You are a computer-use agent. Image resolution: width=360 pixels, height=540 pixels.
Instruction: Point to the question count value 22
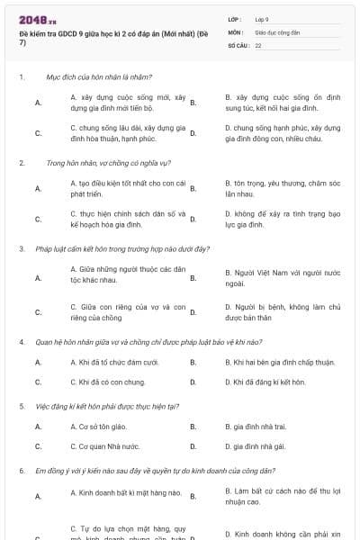pos(258,44)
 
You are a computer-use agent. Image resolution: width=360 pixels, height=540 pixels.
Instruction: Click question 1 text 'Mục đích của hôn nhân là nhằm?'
pos(99,77)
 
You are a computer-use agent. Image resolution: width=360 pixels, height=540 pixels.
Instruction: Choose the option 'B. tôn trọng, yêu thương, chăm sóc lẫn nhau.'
pos(283,188)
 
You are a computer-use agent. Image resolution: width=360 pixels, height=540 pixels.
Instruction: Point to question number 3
pos(21,247)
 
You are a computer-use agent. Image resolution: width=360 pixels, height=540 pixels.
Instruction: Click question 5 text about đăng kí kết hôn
pos(112,405)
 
